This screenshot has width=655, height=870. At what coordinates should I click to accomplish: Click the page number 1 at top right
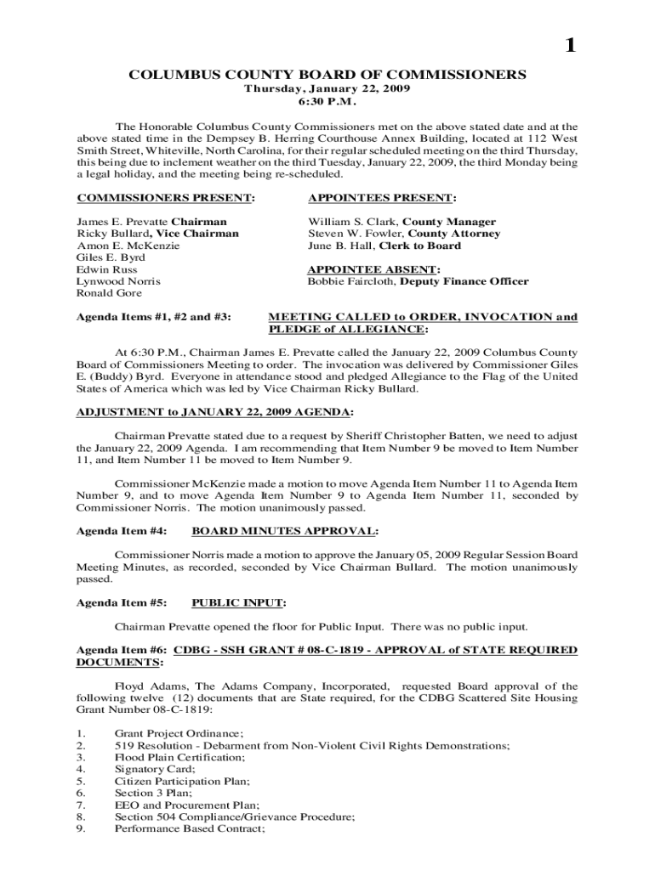click(x=571, y=48)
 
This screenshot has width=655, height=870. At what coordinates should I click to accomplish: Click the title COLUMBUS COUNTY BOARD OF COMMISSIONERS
click(x=327, y=75)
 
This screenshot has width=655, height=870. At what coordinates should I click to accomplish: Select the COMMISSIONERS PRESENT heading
click(x=166, y=198)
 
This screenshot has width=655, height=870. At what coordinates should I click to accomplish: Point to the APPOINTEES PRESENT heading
click(x=382, y=198)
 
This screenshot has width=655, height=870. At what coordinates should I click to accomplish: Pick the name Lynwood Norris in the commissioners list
click(x=119, y=281)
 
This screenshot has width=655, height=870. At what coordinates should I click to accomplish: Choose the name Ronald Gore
click(x=111, y=293)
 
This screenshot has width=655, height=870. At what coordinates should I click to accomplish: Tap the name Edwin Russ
click(x=106, y=269)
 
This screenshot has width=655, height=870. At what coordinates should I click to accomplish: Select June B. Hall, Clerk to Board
click(x=384, y=246)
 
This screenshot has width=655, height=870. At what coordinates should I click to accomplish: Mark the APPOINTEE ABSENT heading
click(x=373, y=269)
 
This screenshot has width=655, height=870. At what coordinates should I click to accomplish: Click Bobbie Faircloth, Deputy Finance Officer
click(x=418, y=281)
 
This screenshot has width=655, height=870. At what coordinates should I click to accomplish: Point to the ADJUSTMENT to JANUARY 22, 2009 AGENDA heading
click(x=214, y=412)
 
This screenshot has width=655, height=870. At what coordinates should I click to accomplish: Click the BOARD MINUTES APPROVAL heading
click(x=285, y=531)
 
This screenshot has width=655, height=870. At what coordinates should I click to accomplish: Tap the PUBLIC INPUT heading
click(x=238, y=603)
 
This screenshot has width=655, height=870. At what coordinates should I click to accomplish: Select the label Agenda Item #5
click(x=121, y=603)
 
